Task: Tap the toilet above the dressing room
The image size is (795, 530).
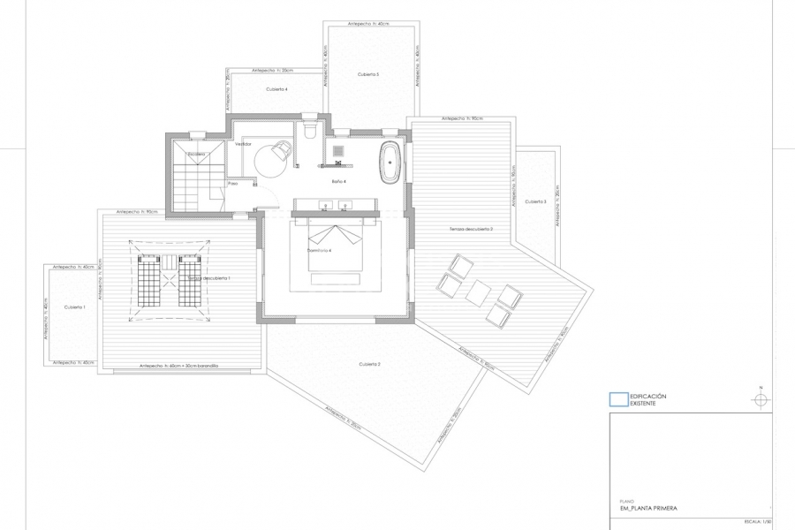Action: tap(309, 131)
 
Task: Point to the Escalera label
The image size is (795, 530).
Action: tap(196, 154)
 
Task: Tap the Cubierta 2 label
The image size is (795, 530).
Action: tap(369, 364)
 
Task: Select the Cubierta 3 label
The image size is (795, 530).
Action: tap(535, 201)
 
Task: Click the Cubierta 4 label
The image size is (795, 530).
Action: tap(276, 89)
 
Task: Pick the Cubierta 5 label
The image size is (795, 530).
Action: tap(368, 75)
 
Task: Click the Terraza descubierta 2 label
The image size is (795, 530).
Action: tap(471, 229)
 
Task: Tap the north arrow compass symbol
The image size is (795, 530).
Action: tap(758, 399)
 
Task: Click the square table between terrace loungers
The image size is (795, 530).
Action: tap(478, 291)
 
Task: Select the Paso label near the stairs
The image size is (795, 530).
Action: tap(233, 184)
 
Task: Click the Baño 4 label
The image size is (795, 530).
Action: tap(338, 181)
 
